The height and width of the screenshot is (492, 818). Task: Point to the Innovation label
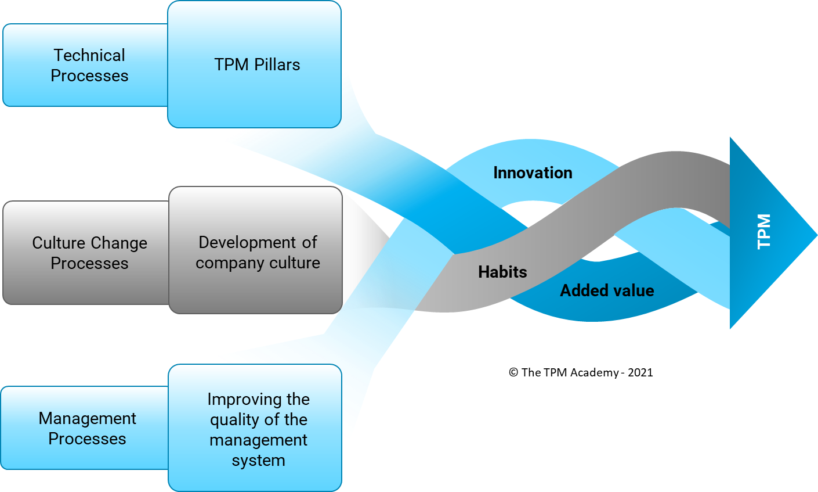tap(533, 173)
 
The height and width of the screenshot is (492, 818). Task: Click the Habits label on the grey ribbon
tap(502, 272)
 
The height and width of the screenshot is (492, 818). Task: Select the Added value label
tap(607, 290)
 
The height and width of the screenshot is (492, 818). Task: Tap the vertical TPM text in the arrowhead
tap(764, 231)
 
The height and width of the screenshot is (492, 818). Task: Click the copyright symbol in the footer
tap(513, 373)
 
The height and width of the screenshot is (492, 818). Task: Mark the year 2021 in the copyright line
tap(640, 373)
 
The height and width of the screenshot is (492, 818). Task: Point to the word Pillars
tap(276, 64)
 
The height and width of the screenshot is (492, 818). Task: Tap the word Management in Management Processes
tap(88, 418)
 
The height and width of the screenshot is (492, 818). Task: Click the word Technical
tap(89, 55)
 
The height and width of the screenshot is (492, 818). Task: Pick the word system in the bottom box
tap(259, 460)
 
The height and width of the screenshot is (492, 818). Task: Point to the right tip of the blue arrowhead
tap(816, 235)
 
